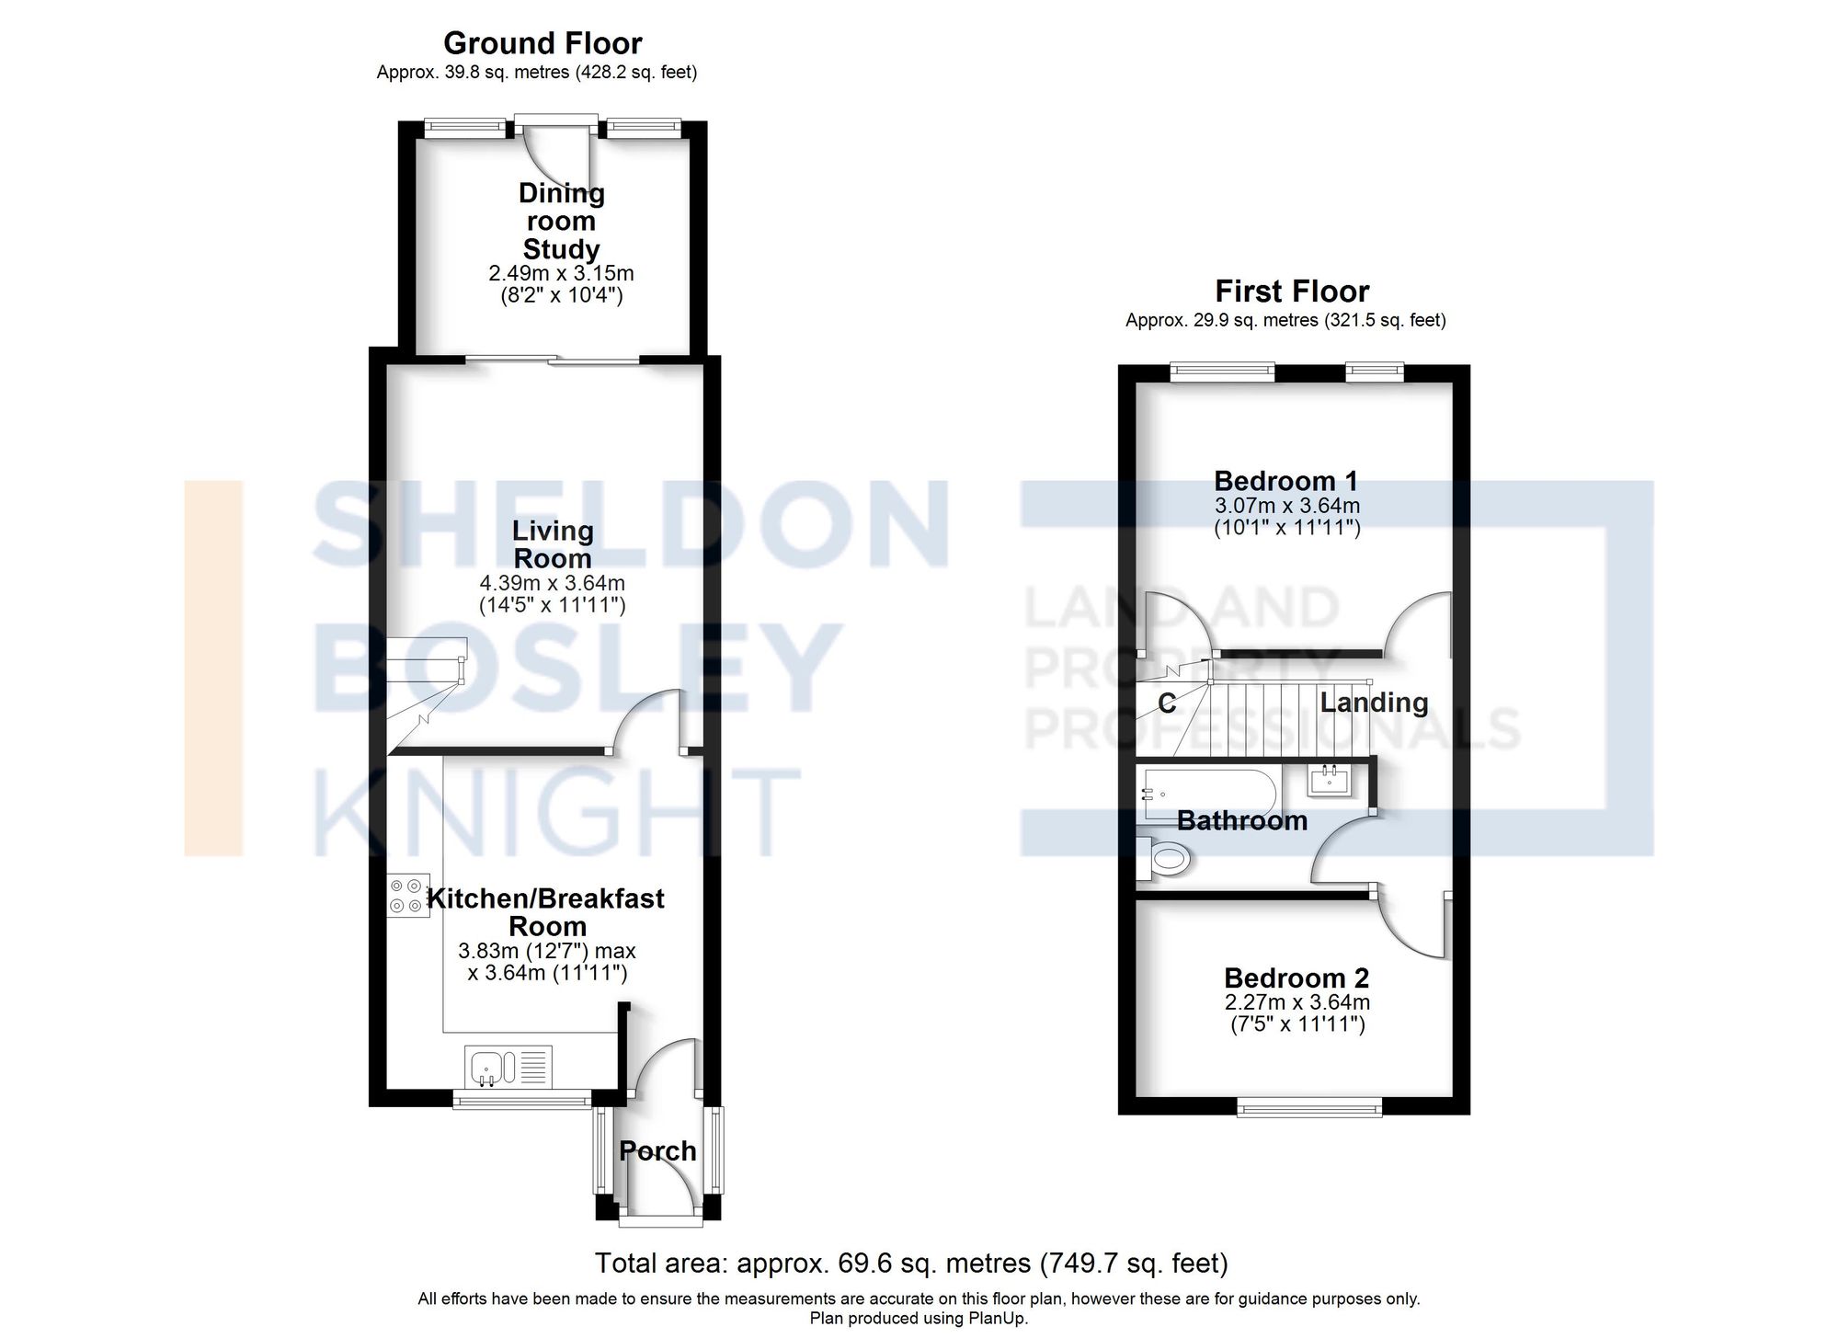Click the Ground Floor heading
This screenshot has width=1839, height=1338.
pos(543,43)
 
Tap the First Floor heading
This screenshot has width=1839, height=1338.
pos(1292,292)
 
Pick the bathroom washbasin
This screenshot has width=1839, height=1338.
pos(1330,782)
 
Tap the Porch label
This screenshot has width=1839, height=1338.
pos(657,1151)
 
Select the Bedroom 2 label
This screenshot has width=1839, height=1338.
pos(1296,978)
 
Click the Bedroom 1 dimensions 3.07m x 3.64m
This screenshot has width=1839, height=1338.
pos(1286,506)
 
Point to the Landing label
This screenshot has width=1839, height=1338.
pos(1374,703)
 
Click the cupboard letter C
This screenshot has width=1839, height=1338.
pos(1167,703)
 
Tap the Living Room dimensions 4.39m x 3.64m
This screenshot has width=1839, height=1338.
pos(552,583)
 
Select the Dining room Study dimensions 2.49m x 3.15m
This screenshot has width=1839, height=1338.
pos(561,273)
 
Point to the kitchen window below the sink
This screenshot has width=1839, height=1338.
pos(521,1098)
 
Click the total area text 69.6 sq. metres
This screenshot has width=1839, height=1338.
pos(911,1264)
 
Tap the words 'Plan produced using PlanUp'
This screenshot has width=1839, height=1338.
pos(919,1318)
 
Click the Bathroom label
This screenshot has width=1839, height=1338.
pos(1241,820)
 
